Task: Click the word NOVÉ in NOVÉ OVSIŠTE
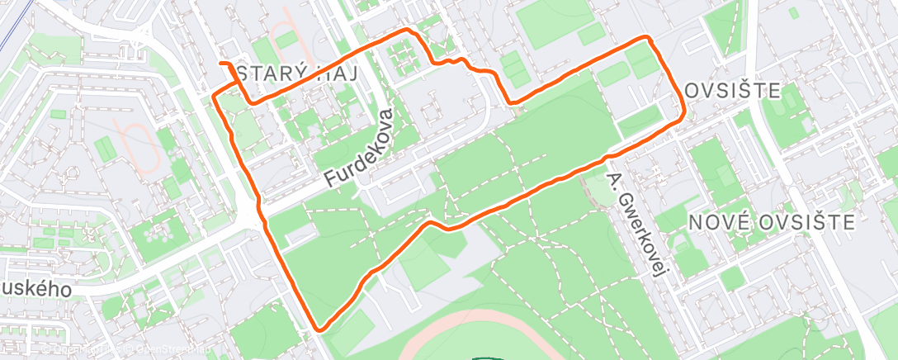click(x=716, y=221)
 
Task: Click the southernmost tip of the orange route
click(x=319, y=329)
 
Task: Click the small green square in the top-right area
click(x=792, y=13)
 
